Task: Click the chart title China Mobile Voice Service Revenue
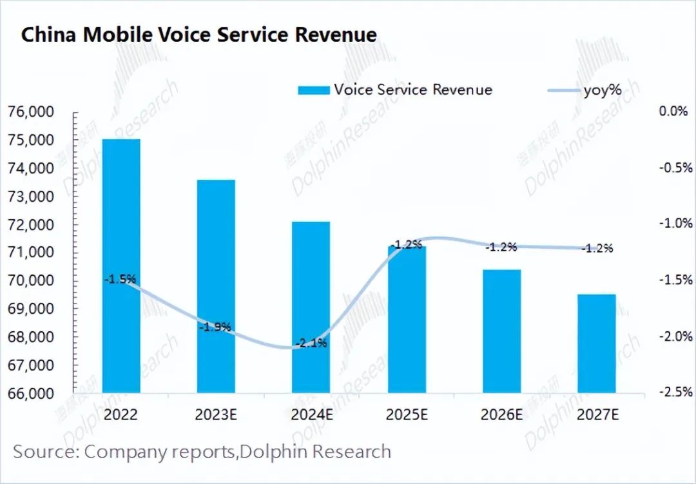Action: coord(198,35)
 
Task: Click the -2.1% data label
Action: coord(311,343)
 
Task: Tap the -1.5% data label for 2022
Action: coord(121,279)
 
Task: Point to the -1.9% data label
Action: coord(215,327)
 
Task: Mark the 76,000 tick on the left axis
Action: coord(32,112)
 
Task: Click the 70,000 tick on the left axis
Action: coord(32,280)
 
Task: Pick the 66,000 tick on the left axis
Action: coord(32,393)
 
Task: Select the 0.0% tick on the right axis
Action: coord(674,111)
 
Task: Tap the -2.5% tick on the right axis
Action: coord(674,392)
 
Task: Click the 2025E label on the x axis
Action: coord(406,414)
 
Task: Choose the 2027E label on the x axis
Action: coord(597,414)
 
